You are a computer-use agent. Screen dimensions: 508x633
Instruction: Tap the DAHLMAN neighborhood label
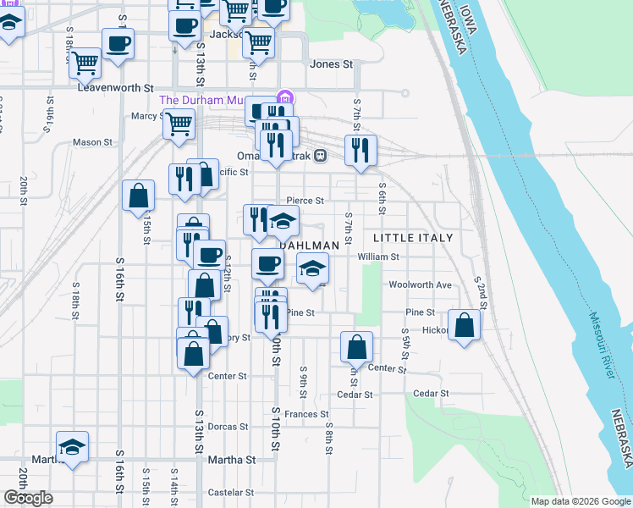pos(310,245)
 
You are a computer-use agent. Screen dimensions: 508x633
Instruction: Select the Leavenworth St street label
pos(115,87)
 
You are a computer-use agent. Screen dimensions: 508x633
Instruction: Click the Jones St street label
pos(331,64)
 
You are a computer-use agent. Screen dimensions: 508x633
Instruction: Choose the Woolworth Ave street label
pos(420,285)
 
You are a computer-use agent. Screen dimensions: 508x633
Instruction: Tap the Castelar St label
pos(231,492)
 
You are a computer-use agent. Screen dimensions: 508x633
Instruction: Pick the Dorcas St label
pos(229,427)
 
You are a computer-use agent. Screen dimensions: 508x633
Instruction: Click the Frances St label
pos(305,414)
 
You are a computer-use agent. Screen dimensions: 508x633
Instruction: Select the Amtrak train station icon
pos(321,156)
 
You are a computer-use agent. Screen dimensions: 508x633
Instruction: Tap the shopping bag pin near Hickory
pos(465,325)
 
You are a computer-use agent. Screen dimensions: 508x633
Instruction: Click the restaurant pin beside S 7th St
pos(361,151)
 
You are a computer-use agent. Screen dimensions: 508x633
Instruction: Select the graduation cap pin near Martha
pos(73,447)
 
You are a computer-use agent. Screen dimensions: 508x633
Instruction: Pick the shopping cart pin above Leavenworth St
pos(85,61)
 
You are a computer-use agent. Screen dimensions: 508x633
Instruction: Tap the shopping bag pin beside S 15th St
pos(138,196)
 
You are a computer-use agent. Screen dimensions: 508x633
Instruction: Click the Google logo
pos(28,498)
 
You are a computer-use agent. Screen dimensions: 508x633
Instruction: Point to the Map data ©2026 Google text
pos(580,501)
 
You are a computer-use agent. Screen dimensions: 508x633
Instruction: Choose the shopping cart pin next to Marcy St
pos(179,124)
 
